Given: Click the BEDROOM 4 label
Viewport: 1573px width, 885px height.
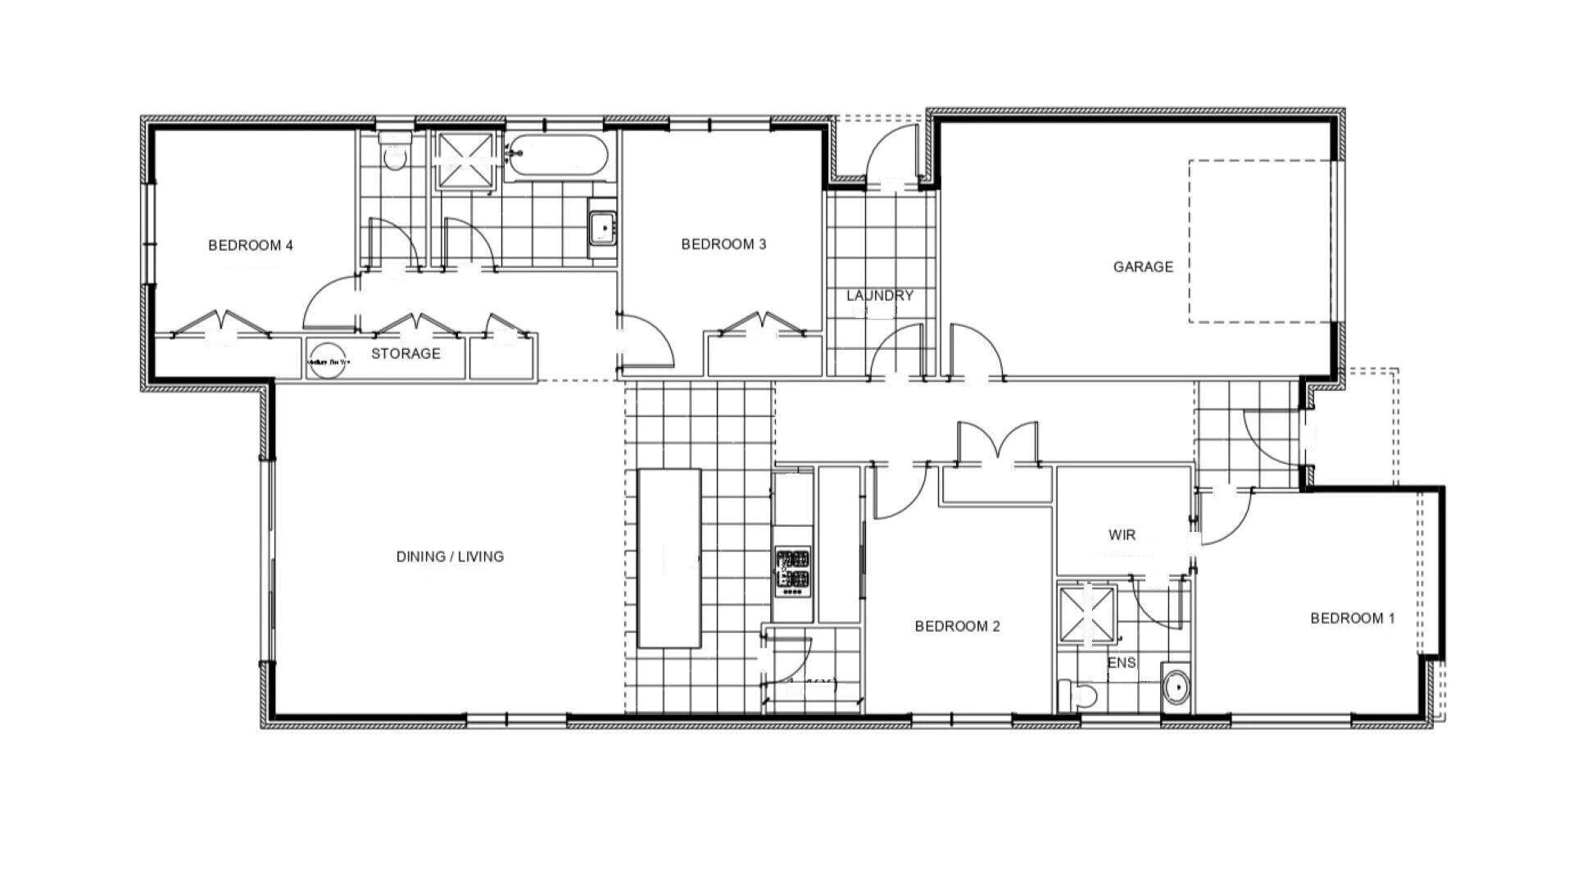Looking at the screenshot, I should click(x=250, y=245).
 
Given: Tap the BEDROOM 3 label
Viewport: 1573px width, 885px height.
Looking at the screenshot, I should click(x=723, y=244).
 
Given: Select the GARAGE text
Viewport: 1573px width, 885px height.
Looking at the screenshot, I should click(x=1143, y=266).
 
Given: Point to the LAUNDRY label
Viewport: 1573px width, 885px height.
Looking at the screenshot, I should click(x=880, y=296).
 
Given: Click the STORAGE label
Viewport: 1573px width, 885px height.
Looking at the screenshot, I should click(x=406, y=354).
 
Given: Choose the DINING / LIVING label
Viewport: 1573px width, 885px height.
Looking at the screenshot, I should click(x=450, y=557).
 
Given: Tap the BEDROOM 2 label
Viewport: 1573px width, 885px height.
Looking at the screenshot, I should click(x=957, y=627).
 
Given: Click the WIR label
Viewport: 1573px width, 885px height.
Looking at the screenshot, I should click(x=1122, y=536).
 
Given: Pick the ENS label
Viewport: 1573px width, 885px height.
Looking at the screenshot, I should click(x=1122, y=662).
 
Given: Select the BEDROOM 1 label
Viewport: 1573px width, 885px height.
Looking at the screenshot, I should click(x=1352, y=619).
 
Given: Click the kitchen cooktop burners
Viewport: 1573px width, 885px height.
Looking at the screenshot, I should click(x=793, y=570).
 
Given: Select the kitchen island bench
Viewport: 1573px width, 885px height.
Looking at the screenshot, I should click(x=669, y=558).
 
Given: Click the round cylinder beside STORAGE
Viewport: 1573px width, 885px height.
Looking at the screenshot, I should click(x=328, y=361).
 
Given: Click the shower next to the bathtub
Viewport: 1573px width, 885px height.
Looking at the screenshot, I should click(x=465, y=157).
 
